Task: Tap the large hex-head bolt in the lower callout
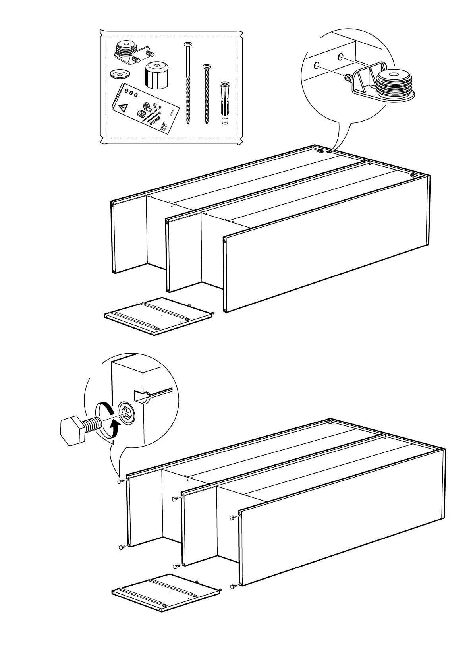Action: [77, 430]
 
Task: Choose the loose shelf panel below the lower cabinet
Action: [166, 592]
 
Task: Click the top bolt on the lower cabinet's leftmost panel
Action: [120, 481]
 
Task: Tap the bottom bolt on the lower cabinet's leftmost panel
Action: [122, 547]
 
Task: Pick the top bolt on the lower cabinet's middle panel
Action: [176, 499]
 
